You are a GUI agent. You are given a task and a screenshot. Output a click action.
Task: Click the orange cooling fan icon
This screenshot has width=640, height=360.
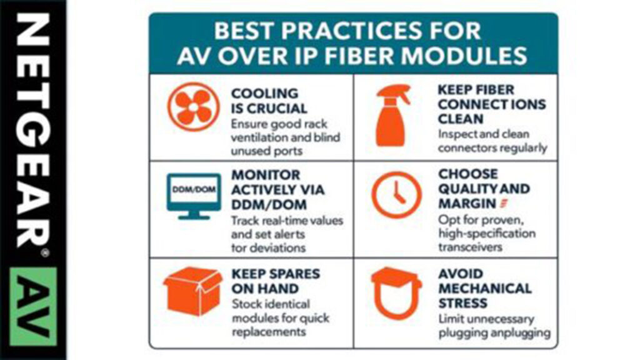(x=194, y=106)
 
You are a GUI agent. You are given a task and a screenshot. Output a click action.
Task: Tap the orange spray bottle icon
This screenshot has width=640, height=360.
(x=392, y=115)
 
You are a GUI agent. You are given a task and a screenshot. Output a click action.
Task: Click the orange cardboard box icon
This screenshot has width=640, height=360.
(x=193, y=291)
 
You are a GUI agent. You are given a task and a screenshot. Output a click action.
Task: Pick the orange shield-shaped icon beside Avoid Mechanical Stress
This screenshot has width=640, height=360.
(x=396, y=293)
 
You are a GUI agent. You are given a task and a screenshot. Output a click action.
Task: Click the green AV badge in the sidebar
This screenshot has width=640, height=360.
(x=33, y=306)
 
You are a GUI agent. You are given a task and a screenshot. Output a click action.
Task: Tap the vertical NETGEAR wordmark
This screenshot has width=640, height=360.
(x=33, y=131)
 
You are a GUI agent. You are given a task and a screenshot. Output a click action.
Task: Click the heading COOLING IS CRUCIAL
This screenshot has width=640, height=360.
(x=269, y=101)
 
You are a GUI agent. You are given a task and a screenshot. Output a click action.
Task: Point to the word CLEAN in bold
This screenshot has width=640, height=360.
(x=461, y=119)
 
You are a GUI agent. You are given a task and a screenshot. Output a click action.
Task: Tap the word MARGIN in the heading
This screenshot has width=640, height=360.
(x=467, y=203)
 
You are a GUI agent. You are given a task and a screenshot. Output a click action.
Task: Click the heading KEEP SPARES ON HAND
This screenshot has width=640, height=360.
(x=276, y=281)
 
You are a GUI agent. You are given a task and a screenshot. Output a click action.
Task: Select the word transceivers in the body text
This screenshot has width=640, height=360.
(x=470, y=247)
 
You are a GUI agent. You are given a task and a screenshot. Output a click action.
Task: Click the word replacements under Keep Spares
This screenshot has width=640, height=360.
(x=269, y=332)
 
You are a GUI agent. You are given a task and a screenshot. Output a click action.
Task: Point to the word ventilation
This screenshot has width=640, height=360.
(x=259, y=137)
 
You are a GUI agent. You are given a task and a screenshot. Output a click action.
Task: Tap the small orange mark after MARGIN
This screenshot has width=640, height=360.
(x=504, y=203)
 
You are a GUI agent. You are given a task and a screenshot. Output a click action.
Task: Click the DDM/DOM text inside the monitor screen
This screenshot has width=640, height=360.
(x=194, y=190)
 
